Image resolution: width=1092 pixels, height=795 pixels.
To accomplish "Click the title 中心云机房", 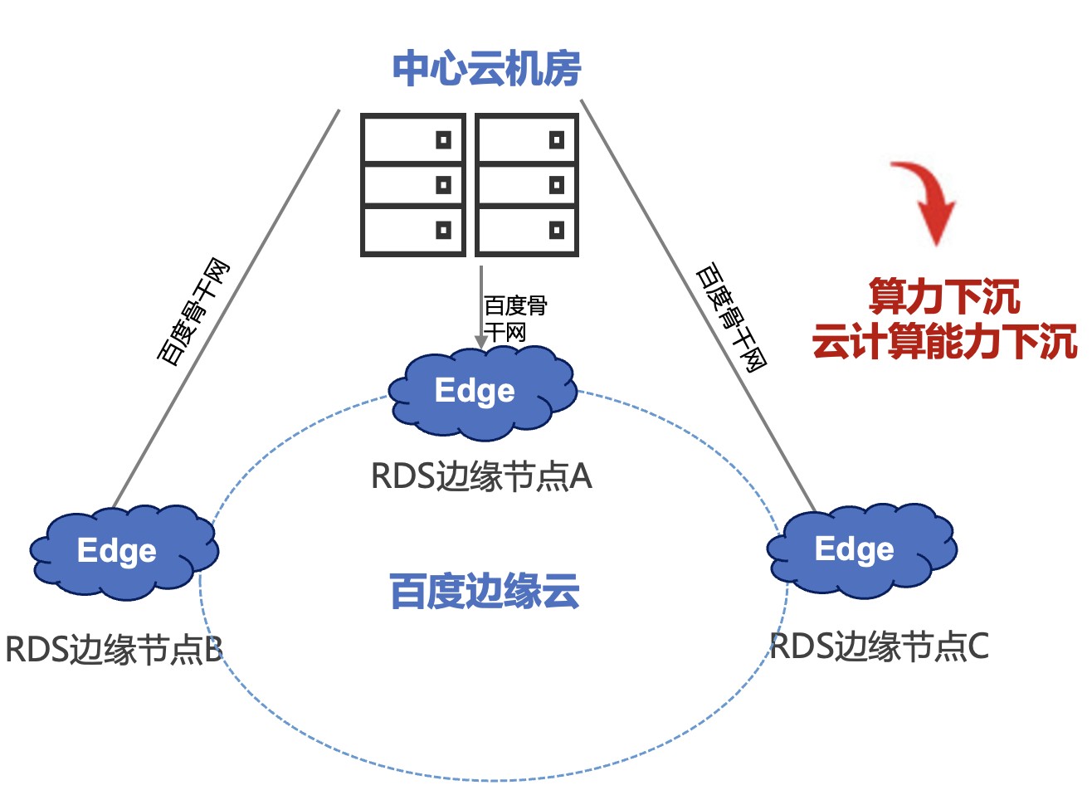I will point(486,69).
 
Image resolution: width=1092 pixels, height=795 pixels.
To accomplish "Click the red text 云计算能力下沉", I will point(944,341).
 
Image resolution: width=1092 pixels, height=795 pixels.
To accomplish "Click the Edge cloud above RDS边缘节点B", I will point(124,551).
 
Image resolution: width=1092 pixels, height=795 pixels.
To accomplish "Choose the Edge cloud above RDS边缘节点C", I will point(860,549).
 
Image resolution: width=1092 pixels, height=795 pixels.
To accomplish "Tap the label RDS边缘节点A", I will point(481,477).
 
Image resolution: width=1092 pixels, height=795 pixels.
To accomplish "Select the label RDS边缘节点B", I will point(114,650).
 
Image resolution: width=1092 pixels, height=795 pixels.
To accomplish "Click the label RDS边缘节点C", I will point(880,646).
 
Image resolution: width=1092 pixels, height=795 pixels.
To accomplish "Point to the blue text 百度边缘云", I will point(485,592).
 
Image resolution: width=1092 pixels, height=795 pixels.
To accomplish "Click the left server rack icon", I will point(412,185).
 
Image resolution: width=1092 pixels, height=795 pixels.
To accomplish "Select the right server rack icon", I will point(527,185).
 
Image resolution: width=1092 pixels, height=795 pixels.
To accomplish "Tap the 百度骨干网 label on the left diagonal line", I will point(193,313).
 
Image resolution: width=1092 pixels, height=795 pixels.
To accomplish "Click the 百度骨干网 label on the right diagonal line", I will point(731,317).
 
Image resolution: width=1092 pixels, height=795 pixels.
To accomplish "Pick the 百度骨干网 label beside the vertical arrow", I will point(514,319).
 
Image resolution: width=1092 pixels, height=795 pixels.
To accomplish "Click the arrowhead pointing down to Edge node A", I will point(480,342).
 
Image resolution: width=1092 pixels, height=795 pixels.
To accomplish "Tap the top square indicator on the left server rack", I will point(444,139).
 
